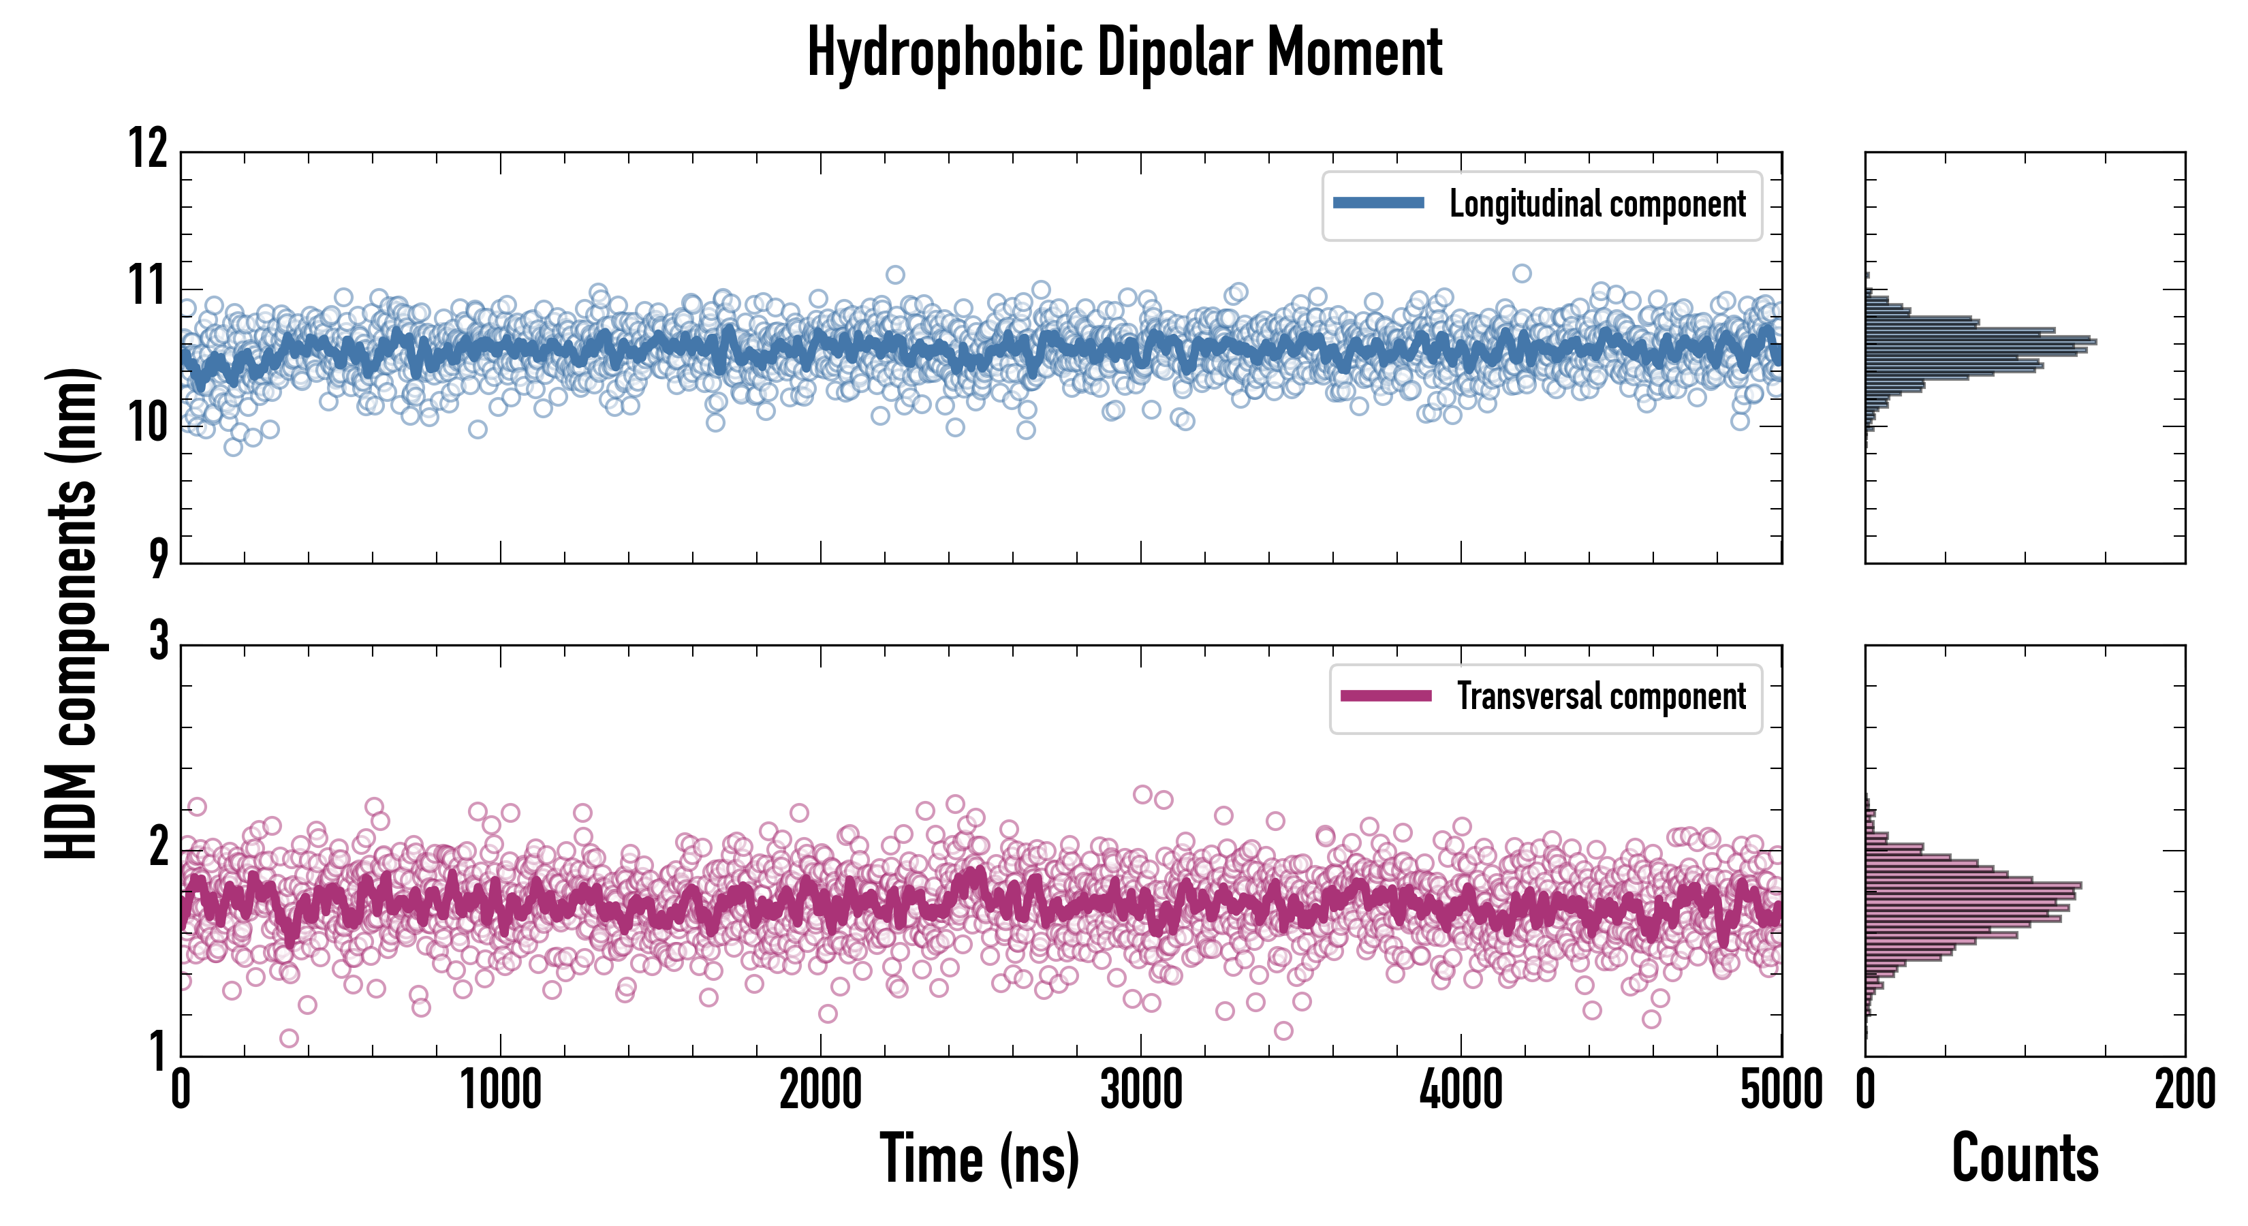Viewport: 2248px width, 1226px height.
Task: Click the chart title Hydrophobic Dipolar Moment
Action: point(1124,52)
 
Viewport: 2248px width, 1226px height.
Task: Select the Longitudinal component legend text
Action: point(1597,204)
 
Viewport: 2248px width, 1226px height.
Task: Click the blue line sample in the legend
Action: point(1379,204)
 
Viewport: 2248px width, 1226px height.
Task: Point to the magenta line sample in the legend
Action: point(1386,695)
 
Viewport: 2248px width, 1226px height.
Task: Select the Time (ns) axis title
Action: point(979,1159)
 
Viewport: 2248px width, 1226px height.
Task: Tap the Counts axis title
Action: point(2025,1158)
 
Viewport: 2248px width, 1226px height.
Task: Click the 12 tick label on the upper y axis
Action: point(149,148)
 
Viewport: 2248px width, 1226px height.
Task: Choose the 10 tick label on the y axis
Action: point(149,424)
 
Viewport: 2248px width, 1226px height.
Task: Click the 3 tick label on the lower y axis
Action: point(159,642)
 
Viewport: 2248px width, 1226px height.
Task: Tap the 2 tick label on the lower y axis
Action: point(159,847)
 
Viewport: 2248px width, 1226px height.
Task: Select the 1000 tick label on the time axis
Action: point(501,1090)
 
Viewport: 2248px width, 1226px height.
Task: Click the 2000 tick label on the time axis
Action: point(820,1090)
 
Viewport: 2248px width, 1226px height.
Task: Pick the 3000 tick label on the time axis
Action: point(1140,1090)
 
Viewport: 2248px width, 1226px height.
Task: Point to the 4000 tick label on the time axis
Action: point(1461,1090)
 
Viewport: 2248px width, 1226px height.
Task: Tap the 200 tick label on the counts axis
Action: point(2184,1090)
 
